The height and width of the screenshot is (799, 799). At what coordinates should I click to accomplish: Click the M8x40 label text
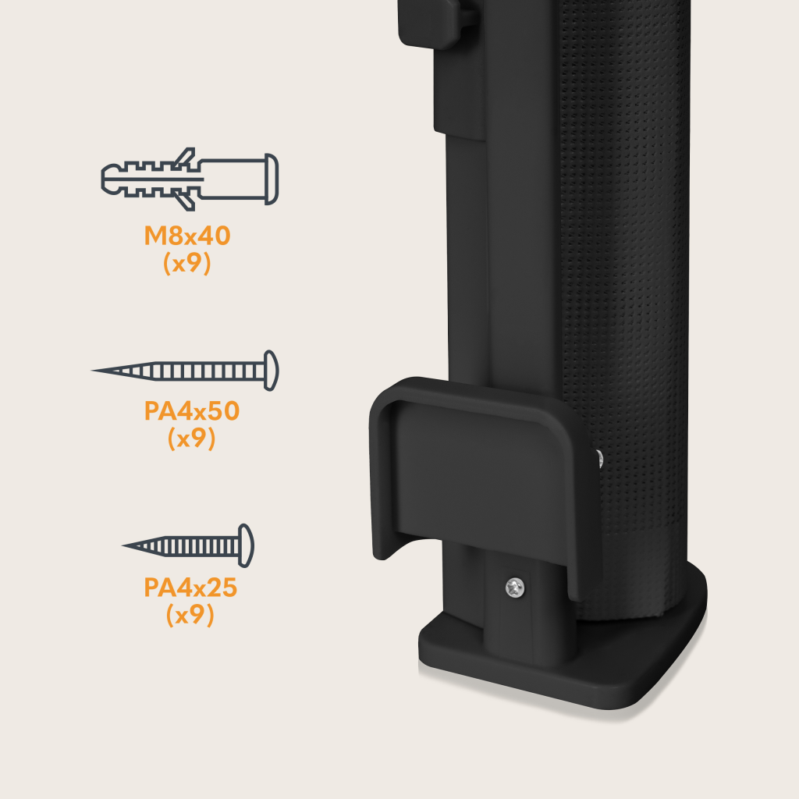[x=187, y=236]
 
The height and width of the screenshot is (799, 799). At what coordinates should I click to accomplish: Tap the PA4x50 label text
[x=192, y=410]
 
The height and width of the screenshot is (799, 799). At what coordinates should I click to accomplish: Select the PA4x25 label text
[x=190, y=588]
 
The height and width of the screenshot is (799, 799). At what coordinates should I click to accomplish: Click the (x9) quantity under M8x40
[x=187, y=263]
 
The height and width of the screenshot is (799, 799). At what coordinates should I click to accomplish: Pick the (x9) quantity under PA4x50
[x=192, y=439]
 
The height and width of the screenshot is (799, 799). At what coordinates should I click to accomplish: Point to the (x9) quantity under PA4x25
[x=190, y=615]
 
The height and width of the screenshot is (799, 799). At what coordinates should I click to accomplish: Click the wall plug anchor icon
[x=190, y=179]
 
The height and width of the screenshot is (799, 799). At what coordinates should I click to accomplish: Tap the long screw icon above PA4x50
[x=185, y=371]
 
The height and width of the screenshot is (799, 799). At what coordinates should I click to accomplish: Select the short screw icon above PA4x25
[x=188, y=545]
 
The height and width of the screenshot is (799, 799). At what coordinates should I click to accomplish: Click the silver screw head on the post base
[x=515, y=588]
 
